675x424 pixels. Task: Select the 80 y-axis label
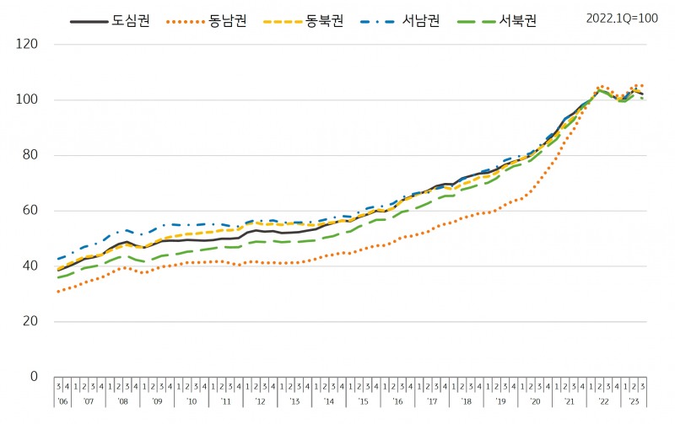pos(31,155)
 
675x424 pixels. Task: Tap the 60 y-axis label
pos(31,211)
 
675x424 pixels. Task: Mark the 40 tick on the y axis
pos(31,266)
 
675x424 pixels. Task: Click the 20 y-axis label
pos(31,321)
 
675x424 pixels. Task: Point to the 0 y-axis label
pos(35,377)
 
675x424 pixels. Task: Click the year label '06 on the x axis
pos(62,403)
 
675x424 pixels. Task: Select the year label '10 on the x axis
pos(192,403)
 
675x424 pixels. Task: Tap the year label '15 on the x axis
pos(363,403)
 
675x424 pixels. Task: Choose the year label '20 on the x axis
pos(535,403)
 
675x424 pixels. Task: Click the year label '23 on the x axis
pos(635,403)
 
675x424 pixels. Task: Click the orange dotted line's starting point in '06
pos(58,292)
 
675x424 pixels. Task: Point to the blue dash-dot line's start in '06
pos(58,259)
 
